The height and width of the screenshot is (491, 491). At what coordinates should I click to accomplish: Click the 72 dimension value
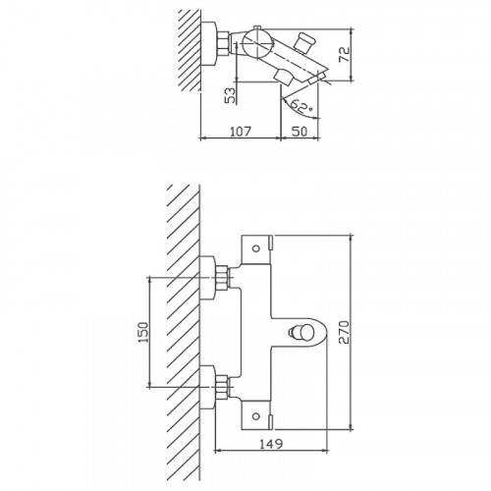click(344, 54)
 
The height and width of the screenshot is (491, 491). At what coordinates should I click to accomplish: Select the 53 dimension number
click(231, 95)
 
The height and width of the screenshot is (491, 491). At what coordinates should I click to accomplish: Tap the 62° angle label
click(300, 106)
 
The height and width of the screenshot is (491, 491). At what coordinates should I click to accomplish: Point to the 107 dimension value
click(241, 132)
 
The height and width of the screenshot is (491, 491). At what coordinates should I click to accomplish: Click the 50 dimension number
click(300, 132)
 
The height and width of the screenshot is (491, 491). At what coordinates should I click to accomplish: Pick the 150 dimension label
click(143, 332)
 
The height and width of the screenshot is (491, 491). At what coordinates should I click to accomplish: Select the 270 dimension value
click(344, 332)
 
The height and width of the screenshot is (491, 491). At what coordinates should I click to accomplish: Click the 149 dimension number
click(271, 444)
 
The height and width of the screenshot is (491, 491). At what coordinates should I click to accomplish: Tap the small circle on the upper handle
click(256, 248)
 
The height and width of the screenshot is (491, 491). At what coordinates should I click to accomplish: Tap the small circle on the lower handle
click(256, 416)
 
